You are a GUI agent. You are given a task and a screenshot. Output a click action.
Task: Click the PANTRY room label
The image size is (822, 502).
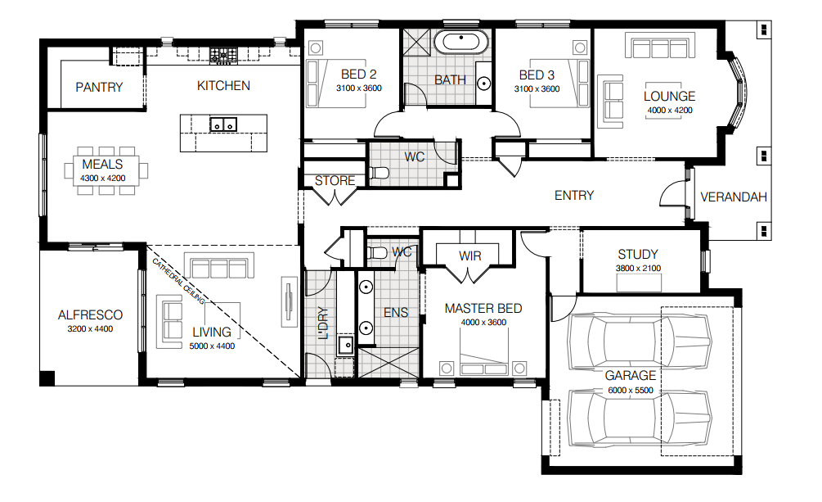(99, 87)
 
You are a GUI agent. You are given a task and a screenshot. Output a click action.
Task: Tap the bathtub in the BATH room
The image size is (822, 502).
(460, 42)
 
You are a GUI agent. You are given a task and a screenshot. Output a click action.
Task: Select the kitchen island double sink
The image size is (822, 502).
(223, 125)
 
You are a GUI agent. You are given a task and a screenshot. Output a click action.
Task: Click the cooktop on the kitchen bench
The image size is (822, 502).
(224, 54)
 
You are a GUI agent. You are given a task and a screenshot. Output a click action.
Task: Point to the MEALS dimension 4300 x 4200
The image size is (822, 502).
(103, 178)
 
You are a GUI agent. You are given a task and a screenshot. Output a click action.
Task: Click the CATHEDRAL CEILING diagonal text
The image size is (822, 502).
(178, 282)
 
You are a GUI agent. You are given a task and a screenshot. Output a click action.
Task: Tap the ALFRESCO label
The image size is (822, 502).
(90, 315)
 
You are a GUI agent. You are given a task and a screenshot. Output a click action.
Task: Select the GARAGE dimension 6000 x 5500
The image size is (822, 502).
(631, 390)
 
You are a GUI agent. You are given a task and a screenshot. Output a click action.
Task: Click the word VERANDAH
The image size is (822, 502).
(734, 197)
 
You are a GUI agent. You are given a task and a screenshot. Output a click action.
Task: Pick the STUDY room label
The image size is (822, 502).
(638, 255)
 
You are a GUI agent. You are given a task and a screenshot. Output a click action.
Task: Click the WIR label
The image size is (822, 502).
(469, 256)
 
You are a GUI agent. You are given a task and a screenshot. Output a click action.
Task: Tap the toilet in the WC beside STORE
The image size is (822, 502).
(379, 172)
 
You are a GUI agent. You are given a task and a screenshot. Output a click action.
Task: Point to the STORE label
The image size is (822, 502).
(335, 181)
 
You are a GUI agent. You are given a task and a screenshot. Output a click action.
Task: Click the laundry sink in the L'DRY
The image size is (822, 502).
(345, 345)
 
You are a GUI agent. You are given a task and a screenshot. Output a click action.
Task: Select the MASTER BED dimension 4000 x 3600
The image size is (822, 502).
(483, 323)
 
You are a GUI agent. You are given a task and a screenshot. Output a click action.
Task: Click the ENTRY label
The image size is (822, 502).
(574, 196)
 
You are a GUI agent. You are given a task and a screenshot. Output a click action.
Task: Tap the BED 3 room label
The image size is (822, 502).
(537, 75)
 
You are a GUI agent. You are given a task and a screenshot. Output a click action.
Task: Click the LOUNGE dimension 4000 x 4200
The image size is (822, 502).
(670, 111)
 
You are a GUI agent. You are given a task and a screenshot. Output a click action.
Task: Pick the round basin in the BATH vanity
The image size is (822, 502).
(484, 84)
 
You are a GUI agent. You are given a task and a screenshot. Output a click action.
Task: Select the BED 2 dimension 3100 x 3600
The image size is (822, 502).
(359, 88)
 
